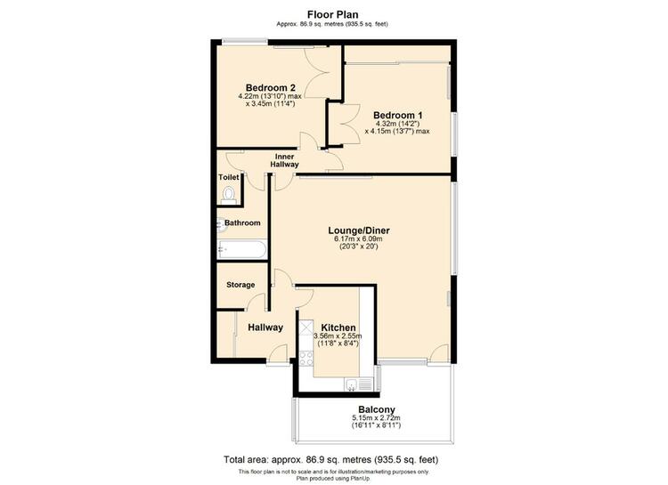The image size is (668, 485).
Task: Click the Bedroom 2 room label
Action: click(x=271, y=88)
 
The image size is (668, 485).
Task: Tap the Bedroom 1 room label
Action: click(x=397, y=116)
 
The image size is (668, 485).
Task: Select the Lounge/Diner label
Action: click(x=359, y=230)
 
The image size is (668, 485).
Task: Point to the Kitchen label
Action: click(x=338, y=327)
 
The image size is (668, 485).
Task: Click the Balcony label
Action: click(x=377, y=409)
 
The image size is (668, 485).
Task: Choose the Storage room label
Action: click(x=240, y=285)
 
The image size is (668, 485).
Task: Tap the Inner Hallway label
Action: click(x=285, y=160)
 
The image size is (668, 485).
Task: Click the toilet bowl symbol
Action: click(x=229, y=194)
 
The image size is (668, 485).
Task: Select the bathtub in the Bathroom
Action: click(x=242, y=249)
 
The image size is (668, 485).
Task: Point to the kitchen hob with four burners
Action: click(x=305, y=358)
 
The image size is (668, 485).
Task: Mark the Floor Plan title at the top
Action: click(x=333, y=15)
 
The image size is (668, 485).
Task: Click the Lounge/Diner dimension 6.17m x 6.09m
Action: click(x=359, y=238)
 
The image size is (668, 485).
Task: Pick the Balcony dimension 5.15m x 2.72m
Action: click(x=376, y=418)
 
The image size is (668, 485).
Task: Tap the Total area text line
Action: click(x=331, y=460)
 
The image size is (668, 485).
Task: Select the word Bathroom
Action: click(x=242, y=222)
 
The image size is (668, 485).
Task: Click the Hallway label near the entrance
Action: click(x=265, y=327)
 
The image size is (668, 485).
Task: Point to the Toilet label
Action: click(x=229, y=177)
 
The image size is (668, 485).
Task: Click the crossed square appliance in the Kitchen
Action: click(x=305, y=327)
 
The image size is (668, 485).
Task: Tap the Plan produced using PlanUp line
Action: click(x=334, y=478)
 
